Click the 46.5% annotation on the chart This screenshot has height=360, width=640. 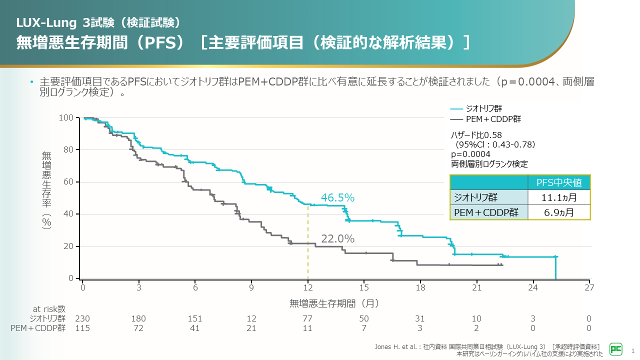[337, 198]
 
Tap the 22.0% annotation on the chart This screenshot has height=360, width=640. [337, 239]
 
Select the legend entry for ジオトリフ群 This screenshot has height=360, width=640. [476, 108]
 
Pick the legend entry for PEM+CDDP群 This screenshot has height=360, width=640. [486, 119]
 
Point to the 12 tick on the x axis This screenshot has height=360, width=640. [308, 287]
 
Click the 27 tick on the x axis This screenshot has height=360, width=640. [589, 287]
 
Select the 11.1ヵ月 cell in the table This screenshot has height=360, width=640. [559, 197]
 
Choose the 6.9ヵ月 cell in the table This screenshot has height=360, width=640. [559, 212]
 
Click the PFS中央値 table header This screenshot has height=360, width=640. [559, 182]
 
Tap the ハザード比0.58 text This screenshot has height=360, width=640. [476, 135]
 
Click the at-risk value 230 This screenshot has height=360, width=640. [82, 318]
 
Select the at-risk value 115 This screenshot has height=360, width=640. [82, 328]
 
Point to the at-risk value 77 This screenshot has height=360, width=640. [308, 318]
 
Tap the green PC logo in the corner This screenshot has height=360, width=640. [615, 348]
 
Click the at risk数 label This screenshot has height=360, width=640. [49, 309]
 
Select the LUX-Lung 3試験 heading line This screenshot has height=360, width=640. [98, 22]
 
